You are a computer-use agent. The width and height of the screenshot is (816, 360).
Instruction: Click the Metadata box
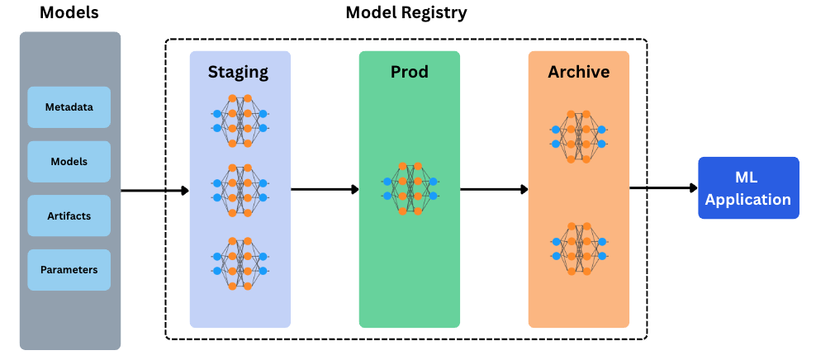click(69, 107)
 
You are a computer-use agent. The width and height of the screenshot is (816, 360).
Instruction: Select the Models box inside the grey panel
click(69, 162)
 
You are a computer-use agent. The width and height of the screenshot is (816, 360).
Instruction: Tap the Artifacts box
click(69, 216)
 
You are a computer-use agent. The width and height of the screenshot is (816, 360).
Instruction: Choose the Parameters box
click(69, 270)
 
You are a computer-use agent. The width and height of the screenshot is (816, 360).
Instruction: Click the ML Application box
click(748, 188)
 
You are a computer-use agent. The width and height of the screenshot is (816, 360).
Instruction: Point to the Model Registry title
click(406, 12)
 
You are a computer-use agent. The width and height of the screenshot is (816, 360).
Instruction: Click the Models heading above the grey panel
click(69, 12)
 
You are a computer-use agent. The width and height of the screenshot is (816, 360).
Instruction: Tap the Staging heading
click(239, 72)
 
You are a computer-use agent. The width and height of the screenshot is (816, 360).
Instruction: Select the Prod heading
click(409, 72)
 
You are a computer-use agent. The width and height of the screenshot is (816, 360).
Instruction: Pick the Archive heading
click(578, 72)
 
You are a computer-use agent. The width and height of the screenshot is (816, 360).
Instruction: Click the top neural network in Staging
click(240, 121)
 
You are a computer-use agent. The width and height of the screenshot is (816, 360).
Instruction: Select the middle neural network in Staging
click(240, 190)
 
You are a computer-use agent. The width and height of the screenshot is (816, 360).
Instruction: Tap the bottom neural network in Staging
click(240, 263)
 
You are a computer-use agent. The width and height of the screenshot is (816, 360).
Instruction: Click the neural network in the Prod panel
click(410, 188)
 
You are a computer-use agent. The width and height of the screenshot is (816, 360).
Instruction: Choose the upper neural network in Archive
click(578, 136)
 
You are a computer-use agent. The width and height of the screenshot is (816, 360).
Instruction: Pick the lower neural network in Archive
click(578, 249)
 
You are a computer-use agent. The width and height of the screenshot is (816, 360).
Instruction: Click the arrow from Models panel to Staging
click(154, 191)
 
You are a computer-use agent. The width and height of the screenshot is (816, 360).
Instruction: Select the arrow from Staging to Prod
click(325, 189)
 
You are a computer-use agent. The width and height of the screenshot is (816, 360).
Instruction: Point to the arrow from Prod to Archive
click(494, 189)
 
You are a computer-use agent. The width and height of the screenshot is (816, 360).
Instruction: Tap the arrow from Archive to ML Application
click(663, 188)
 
